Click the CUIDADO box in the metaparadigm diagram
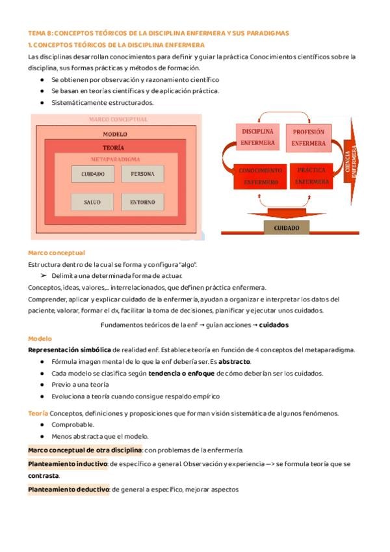pyautogui.click(x=93, y=174)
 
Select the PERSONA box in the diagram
pyautogui.click(x=142, y=174)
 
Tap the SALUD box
pyautogui.click(x=93, y=202)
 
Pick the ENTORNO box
pyautogui.click(x=142, y=202)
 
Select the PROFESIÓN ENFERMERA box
pyautogui.click(x=309, y=137)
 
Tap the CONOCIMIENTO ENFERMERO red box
pyautogui.click(x=260, y=176)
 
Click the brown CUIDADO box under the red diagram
pyautogui.click(x=287, y=228)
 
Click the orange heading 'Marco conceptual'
pyautogui.click(x=57, y=253)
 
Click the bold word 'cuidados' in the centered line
pyautogui.click(x=269, y=325)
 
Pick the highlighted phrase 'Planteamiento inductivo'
pyautogui.click(x=68, y=464)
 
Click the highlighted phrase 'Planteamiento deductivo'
pyautogui.click(x=68, y=490)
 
